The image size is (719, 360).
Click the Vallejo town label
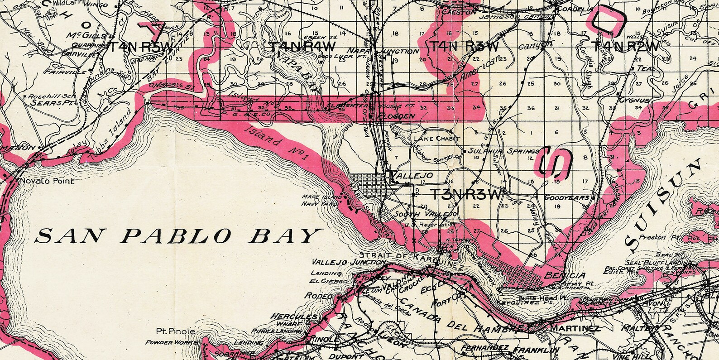(412, 175)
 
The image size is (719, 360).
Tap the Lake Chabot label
(436, 139)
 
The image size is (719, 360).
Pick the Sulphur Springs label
(503, 151)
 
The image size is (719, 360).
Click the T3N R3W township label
(466, 195)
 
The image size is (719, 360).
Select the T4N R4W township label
(302, 47)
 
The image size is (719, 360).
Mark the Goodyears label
(566, 198)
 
